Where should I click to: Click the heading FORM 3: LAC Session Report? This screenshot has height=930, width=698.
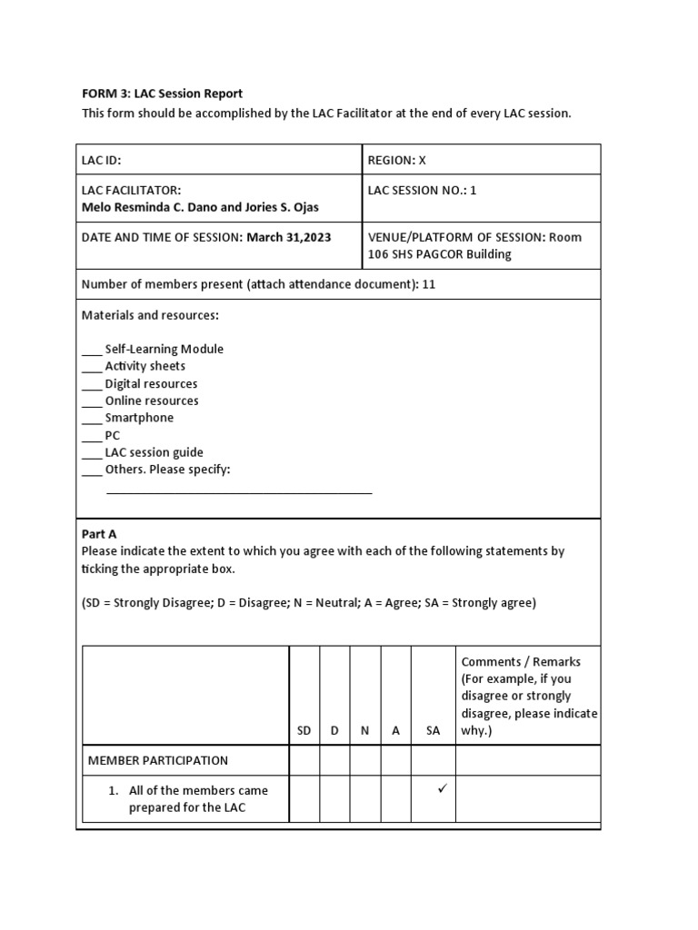pos(163,94)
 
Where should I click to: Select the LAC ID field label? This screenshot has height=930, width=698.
pos(101,160)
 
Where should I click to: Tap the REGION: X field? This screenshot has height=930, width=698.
pos(396,160)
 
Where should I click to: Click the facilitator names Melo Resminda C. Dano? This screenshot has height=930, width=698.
pos(149,207)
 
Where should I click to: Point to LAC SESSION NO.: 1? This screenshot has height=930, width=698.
pos(422,190)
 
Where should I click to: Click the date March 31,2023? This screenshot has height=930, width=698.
pos(289,237)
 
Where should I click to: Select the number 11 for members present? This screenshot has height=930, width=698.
pos(429,284)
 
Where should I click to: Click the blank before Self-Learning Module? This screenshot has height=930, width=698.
pos(92,350)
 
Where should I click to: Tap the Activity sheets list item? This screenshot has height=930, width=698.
pos(145,366)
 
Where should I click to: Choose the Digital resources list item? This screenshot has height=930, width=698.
pos(151,383)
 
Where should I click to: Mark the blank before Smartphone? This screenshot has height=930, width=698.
pos(92,419)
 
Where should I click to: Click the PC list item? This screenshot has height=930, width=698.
pos(112,435)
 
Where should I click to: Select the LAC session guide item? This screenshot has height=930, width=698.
pos(154,452)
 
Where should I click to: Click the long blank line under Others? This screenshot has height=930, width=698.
pos(239,492)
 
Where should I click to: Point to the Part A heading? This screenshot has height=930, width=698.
pos(99,534)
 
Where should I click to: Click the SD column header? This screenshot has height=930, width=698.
pos(304,730)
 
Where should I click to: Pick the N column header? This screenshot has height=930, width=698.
pos(364,730)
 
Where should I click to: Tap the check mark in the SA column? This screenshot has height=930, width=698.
pos(443,789)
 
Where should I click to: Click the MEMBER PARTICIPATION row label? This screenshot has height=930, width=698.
pos(157,760)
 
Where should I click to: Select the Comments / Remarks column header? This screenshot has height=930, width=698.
pos(521,661)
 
